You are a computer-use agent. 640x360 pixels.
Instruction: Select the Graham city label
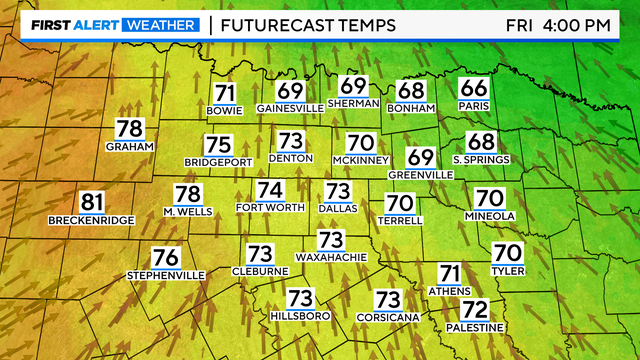129,146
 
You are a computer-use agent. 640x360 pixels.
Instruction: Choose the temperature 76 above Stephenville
165,257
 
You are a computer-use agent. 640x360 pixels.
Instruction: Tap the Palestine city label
475,327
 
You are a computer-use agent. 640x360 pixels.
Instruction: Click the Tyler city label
508,269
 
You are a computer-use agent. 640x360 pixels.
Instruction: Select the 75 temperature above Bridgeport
218,144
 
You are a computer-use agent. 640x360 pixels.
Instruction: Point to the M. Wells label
188,212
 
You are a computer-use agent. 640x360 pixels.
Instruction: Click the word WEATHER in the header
159,24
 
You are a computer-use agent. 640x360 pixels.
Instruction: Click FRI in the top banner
517,24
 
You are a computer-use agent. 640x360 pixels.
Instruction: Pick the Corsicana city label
387,317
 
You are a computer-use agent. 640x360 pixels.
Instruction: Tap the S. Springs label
481,160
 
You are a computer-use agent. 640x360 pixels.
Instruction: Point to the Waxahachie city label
331,257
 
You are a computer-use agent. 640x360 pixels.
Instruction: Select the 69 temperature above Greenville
420,157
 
